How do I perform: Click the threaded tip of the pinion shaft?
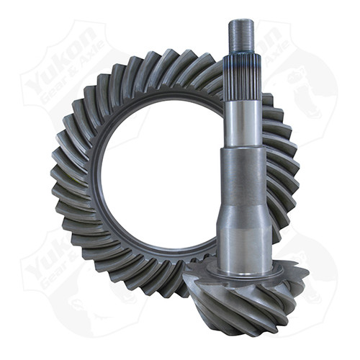tap(239, 34)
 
